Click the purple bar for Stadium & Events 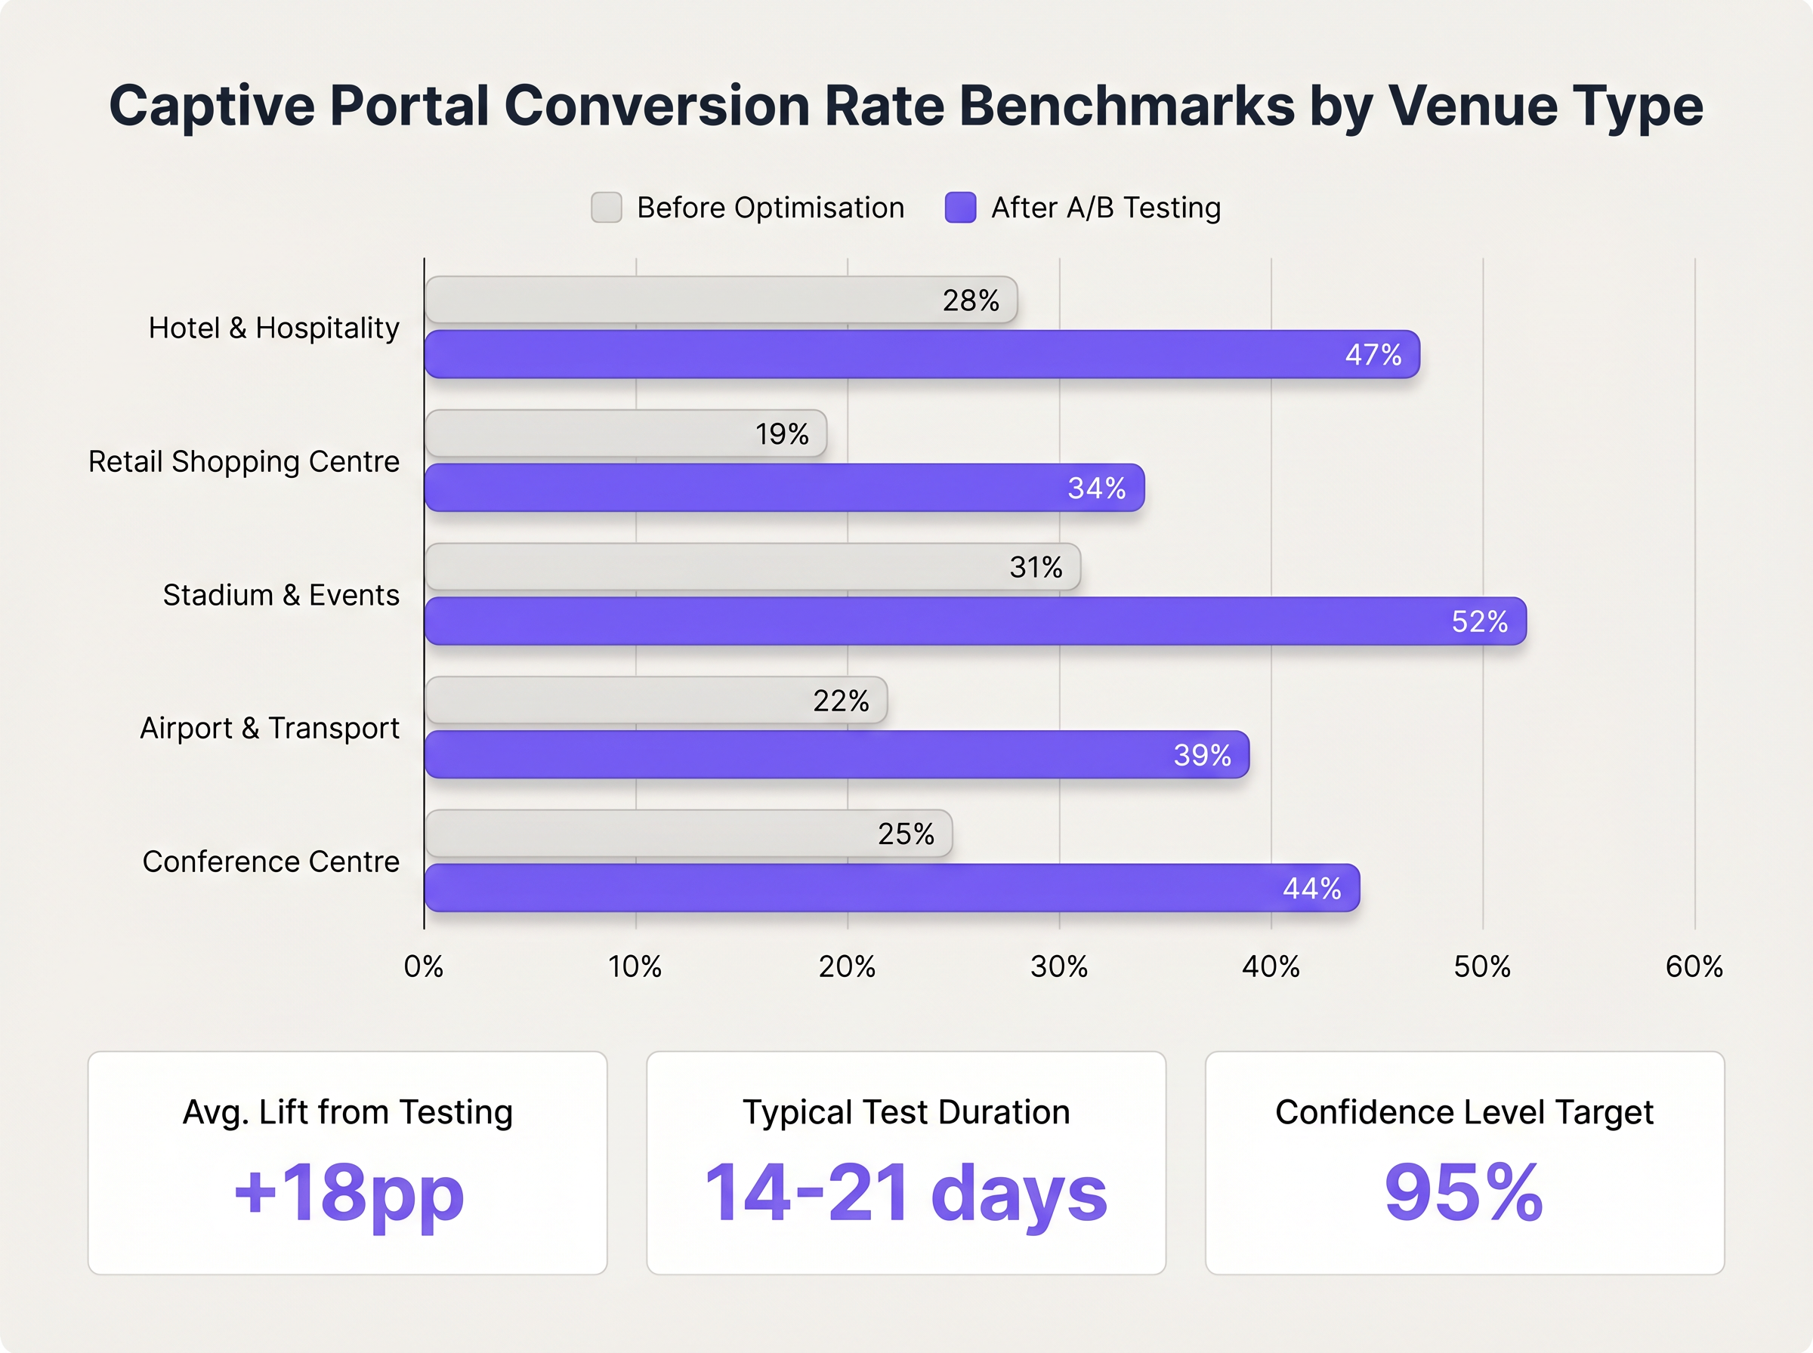[x=975, y=621]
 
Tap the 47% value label [x=1373, y=355]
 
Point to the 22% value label [x=841, y=701]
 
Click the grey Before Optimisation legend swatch [x=607, y=207]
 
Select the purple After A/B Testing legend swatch [x=960, y=207]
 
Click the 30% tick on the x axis [x=1058, y=967]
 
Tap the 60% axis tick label [x=1694, y=967]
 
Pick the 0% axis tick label [x=424, y=967]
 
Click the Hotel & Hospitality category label [x=273, y=328]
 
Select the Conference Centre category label [x=270, y=861]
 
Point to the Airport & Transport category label [x=270, y=728]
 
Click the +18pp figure [x=349, y=1193]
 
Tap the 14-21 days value [x=905, y=1193]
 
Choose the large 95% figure [x=1463, y=1193]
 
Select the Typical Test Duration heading [x=906, y=1112]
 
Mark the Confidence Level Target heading [x=1464, y=1112]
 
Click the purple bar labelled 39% [x=835, y=754]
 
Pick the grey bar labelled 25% [x=688, y=834]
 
